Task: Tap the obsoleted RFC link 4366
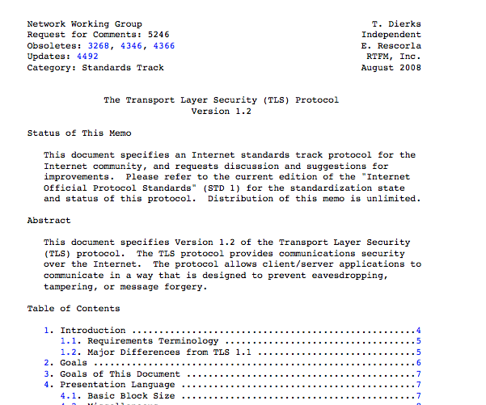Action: coord(163,46)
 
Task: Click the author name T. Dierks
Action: coord(396,24)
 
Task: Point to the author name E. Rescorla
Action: coord(391,46)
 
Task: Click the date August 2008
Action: coord(391,68)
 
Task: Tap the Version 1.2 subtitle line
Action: coord(221,112)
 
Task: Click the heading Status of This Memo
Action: coord(79,133)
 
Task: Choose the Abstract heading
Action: coord(49,221)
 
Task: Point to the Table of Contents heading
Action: coord(74,308)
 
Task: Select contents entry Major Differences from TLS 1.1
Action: coord(145,352)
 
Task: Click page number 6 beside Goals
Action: coord(418,363)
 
